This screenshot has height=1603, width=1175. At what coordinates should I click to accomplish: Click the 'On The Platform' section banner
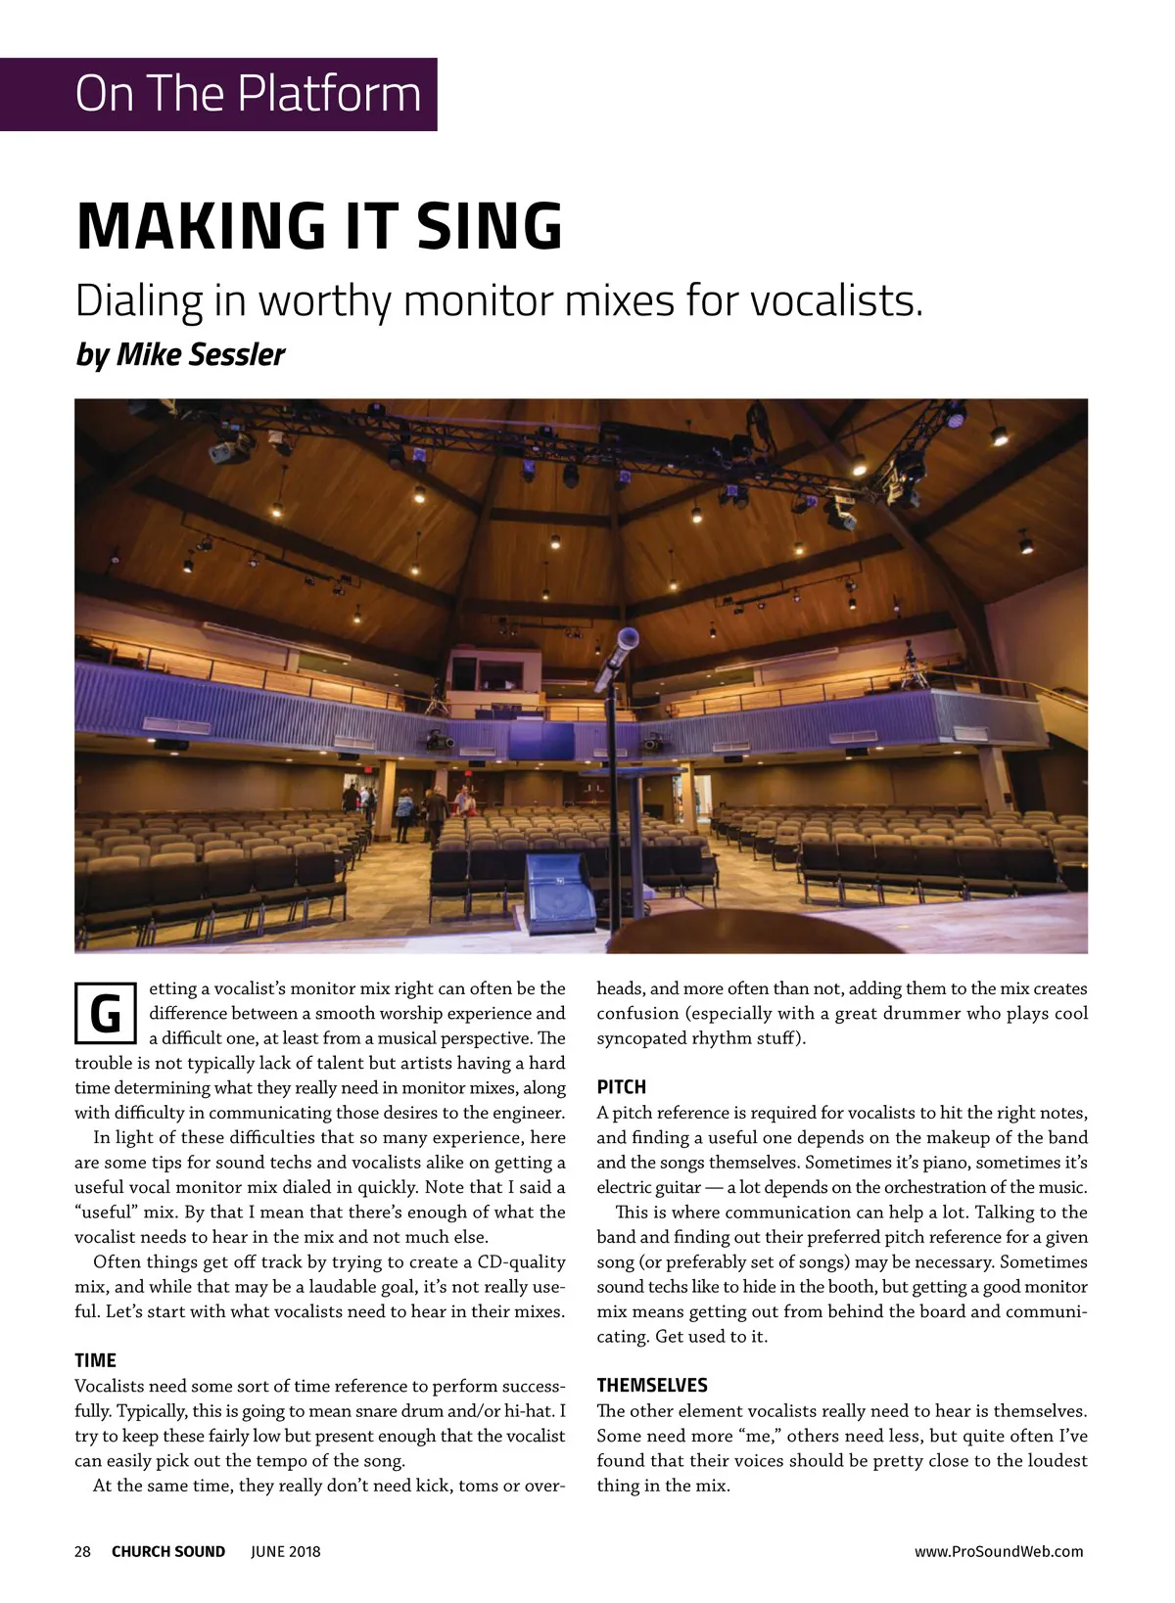click(x=248, y=94)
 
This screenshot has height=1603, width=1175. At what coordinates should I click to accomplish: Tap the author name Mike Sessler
click(x=201, y=354)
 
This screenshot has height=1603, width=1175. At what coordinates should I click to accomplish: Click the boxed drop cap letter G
click(x=105, y=1013)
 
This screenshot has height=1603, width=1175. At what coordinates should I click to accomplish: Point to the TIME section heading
click(x=95, y=1360)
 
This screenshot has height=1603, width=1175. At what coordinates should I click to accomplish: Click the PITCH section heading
click(x=621, y=1086)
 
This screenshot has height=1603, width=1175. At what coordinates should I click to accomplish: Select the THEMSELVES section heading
click(x=651, y=1385)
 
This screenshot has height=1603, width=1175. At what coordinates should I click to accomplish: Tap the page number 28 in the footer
click(x=83, y=1551)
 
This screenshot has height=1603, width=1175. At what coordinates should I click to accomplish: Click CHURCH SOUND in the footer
click(x=168, y=1551)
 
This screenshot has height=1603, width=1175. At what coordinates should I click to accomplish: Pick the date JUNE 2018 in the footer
click(x=285, y=1551)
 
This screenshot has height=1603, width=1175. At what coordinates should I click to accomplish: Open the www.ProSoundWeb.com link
click(x=998, y=1551)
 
